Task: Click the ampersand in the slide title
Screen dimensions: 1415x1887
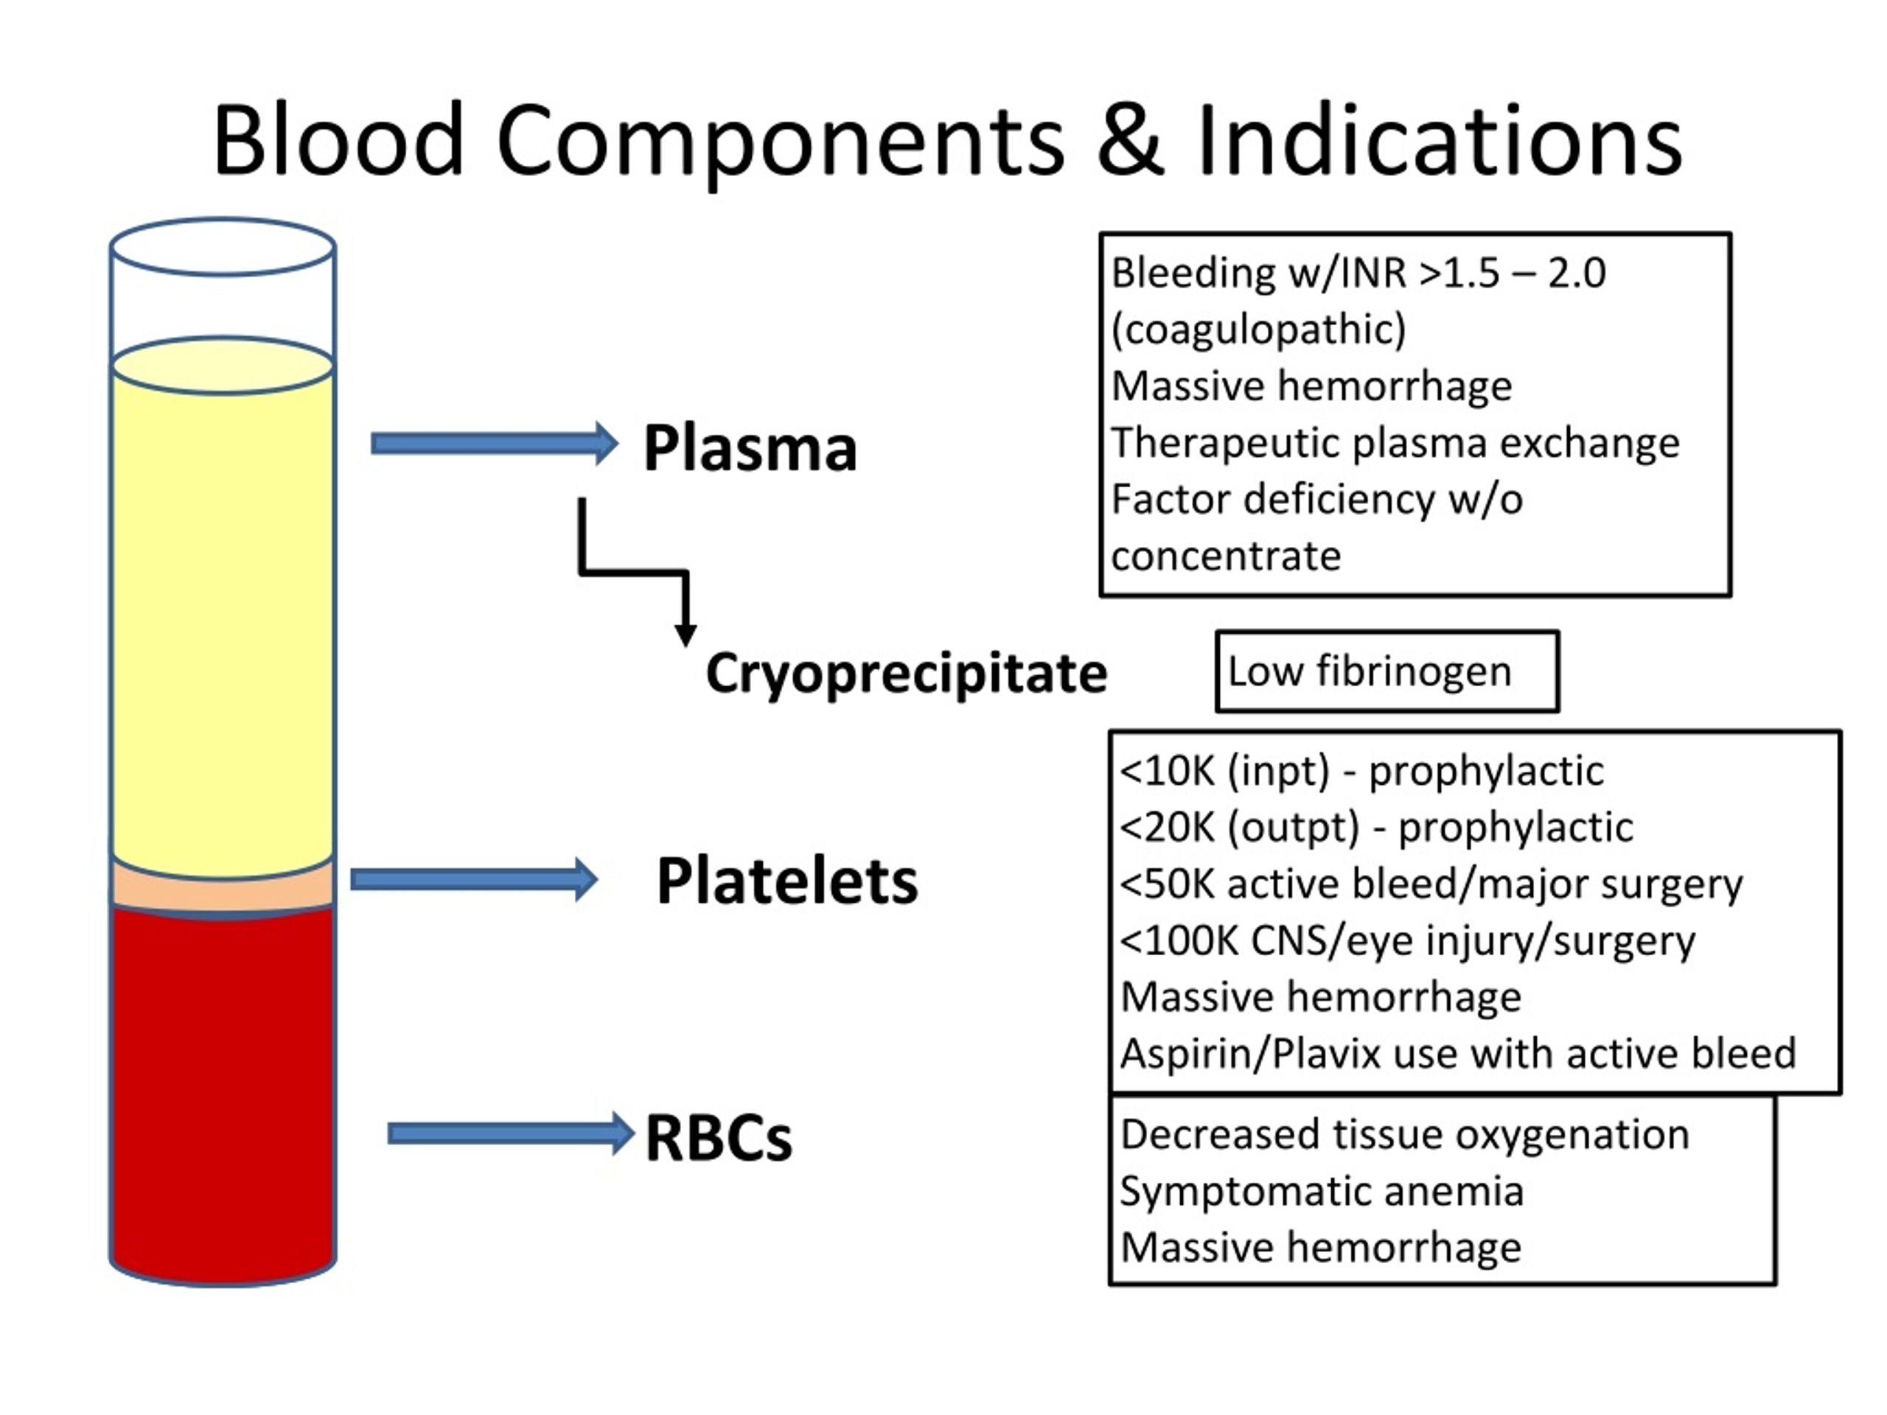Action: coord(1129,141)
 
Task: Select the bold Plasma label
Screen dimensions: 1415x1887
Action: coord(749,448)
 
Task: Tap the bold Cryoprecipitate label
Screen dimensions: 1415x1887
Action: coord(906,673)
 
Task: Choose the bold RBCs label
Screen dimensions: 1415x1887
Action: coord(718,1138)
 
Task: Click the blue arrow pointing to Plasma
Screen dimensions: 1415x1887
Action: coord(494,444)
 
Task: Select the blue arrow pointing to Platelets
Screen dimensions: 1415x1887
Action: coord(473,879)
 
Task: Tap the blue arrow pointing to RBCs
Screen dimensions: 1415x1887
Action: coord(510,1133)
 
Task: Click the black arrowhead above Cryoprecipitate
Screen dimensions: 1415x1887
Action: coord(685,635)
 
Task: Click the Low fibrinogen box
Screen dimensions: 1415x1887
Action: coord(1387,671)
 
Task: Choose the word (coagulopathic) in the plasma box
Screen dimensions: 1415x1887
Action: coord(1258,329)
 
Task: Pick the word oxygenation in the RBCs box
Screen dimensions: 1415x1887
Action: coord(1572,1135)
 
